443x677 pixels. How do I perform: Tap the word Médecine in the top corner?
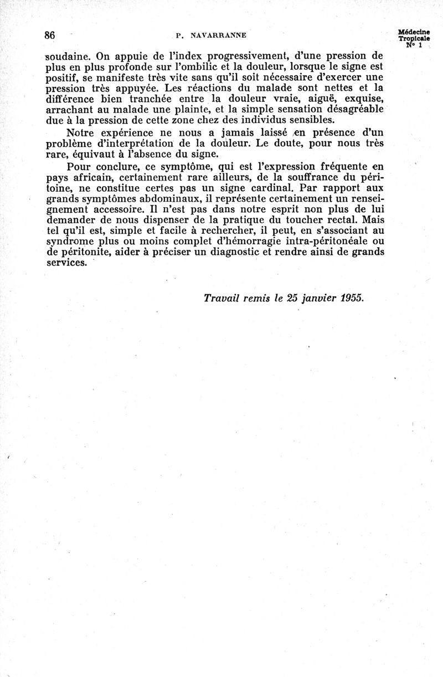coord(414,33)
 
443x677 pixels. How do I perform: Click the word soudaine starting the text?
coord(63,56)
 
